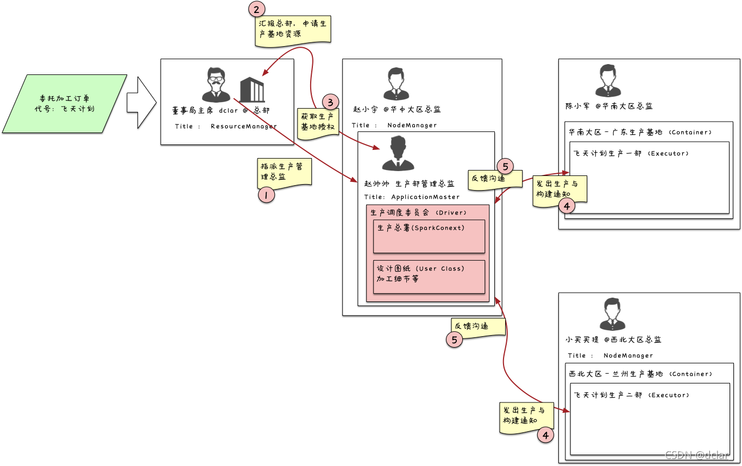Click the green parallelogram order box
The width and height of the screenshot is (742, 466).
pyautogui.click(x=65, y=103)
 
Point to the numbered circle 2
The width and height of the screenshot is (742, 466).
pyautogui.click(x=257, y=9)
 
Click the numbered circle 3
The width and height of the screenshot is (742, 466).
pyautogui.click(x=330, y=102)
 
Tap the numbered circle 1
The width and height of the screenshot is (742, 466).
pyautogui.click(x=266, y=194)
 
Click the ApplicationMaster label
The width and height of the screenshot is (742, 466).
pyautogui.click(x=425, y=197)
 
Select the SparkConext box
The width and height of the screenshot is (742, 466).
pyautogui.click(x=429, y=236)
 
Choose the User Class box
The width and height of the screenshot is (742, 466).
pyautogui.click(x=429, y=276)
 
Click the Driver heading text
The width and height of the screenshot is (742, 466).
pyautogui.click(x=418, y=212)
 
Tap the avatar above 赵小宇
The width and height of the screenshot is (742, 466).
pyautogui.click(x=395, y=84)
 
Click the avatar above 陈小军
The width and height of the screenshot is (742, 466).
pyautogui.click(x=608, y=80)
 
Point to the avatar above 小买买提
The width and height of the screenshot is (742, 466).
pyautogui.click(x=609, y=313)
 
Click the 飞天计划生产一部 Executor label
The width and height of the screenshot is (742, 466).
pyautogui.click(x=631, y=154)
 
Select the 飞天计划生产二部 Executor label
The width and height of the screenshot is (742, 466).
pyautogui.click(x=631, y=395)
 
